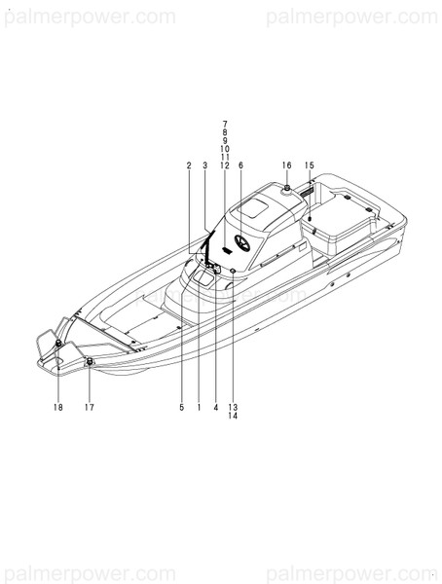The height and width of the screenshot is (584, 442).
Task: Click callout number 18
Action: point(57,408)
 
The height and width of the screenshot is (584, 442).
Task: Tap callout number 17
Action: point(90,408)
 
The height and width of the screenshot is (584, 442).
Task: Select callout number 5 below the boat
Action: point(181,408)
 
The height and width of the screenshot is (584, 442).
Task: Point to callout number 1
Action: point(199,408)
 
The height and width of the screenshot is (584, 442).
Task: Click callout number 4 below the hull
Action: point(215,408)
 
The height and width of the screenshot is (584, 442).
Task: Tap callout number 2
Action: point(189,165)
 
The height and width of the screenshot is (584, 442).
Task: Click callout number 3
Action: point(205,165)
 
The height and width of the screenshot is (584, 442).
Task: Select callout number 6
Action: point(240,165)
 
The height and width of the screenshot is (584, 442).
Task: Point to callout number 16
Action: point(287,165)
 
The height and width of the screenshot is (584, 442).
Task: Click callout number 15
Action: point(309,165)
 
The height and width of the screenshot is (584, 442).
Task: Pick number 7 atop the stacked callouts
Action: point(225,124)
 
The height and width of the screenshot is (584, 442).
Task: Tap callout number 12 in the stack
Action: point(225,165)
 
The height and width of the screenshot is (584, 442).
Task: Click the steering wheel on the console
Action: point(240,244)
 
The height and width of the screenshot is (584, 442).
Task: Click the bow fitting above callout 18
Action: point(59,346)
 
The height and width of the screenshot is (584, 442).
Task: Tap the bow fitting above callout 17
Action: point(91,361)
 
